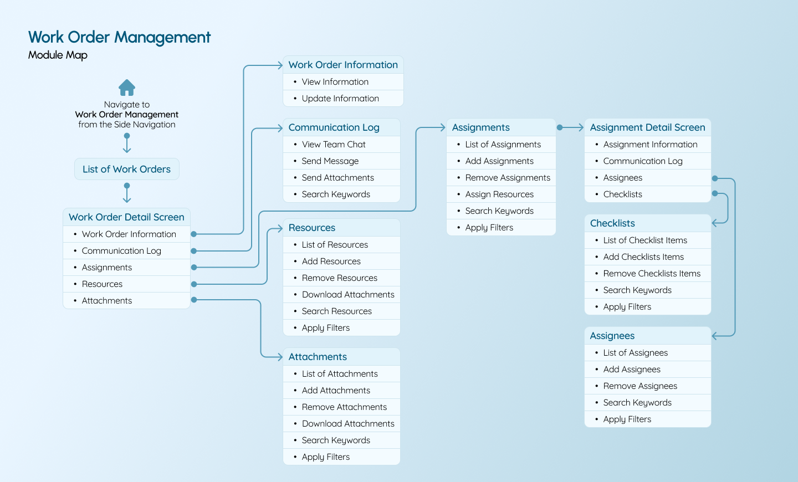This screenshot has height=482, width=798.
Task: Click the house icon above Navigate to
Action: pyautogui.click(x=127, y=88)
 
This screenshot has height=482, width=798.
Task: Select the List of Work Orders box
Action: pyautogui.click(x=127, y=170)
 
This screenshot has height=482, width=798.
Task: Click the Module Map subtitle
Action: pyautogui.click(x=58, y=55)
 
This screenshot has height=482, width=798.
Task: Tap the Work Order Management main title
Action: pyautogui.click(x=119, y=37)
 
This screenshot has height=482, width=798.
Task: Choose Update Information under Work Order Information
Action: pyautogui.click(x=340, y=99)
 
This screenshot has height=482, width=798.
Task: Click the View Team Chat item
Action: pyautogui.click(x=334, y=145)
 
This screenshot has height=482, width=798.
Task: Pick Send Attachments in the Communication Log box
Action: pyautogui.click(x=337, y=178)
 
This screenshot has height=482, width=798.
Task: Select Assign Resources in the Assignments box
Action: pyautogui.click(x=499, y=194)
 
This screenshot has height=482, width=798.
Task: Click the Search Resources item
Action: pyautogui.click(x=336, y=311)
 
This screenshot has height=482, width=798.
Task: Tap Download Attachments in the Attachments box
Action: pyautogui.click(x=348, y=424)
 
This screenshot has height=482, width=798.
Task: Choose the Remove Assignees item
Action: pyautogui.click(x=640, y=386)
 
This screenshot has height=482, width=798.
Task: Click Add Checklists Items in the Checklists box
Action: pyautogui.click(x=643, y=257)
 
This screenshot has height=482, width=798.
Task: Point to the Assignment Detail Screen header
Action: pyautogui.click(x=647, y=127)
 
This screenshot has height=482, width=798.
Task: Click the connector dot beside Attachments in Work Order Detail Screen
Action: pyautogui.click(x=194, y=300)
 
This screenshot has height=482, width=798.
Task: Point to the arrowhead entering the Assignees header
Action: pyautogui.click(x=715, y=336)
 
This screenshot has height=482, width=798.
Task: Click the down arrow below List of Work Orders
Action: pyautogui.click(x=127, y=194)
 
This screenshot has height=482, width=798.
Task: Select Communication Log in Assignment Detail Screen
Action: pyautogui.click(x=643, y=161)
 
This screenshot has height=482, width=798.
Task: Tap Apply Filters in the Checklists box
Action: pyautogui.click(x=627, y=307)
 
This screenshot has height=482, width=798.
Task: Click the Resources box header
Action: pyautogui.click(x=312, y=228)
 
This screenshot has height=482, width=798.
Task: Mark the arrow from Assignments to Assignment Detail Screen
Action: pyautogui.click(x=571, y=127)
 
